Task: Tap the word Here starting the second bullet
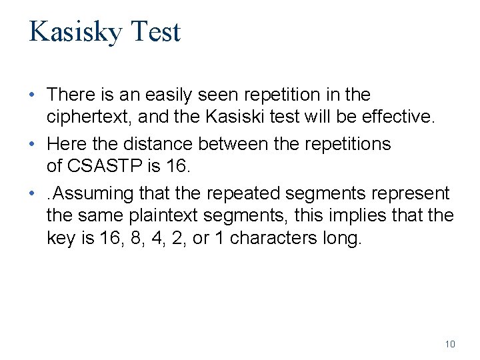click(67, 144)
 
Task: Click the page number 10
click(450, 344)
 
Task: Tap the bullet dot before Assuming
click(31, 193)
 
